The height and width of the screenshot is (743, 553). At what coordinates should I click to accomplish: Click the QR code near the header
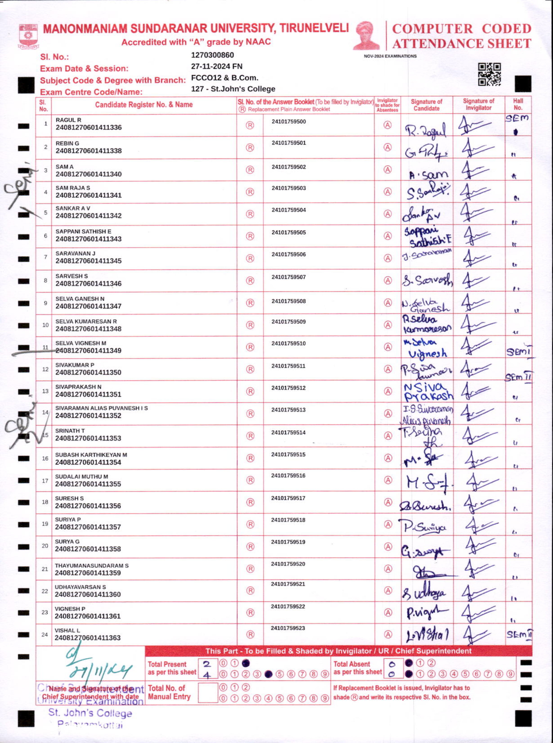click(489, 74)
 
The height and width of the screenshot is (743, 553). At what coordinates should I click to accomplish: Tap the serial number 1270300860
click(212, 55)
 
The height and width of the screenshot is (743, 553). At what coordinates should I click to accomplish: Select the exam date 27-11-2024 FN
click(217, 66)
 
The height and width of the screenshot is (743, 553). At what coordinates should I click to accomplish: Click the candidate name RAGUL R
click(68, 120)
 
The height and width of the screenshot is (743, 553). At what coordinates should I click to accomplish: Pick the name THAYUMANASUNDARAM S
click(92, 565)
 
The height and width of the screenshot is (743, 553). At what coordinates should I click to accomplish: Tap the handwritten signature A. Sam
click(428, 174)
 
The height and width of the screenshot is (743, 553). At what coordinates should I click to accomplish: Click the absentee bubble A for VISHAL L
click(388, 634)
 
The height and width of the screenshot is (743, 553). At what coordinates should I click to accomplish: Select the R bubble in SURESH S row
click(250, 502)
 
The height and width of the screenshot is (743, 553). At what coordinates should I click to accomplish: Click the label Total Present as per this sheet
click(172, 668)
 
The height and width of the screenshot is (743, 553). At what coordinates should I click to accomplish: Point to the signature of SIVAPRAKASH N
click(428, 392)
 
